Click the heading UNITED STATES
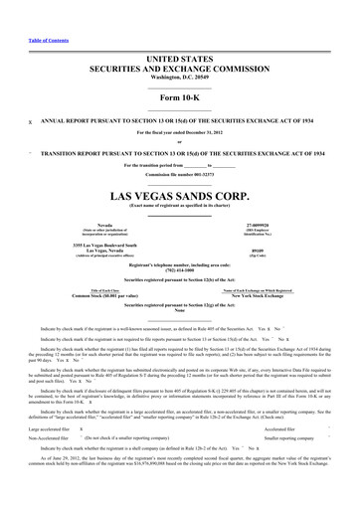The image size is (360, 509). coord(180,34)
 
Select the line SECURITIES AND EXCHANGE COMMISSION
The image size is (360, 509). coord(180,45)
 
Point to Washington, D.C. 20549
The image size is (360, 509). coord(180,54)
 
